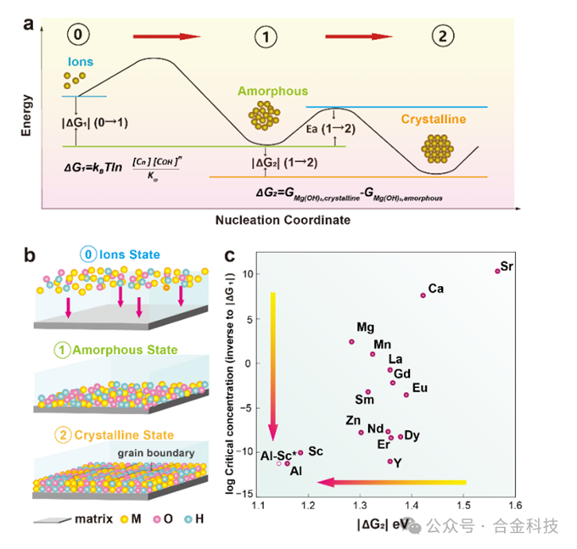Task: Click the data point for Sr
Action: pyautogui.click(x=497, y=271)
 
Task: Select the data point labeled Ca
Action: pyautogui.click(x=423, y=295)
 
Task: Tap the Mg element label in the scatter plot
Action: pyautogui.click(x=366, y=328)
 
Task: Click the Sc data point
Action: pyautogui.click(x=300, y=452)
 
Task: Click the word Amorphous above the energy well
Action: pyautogui.click(x=272, y=91)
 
